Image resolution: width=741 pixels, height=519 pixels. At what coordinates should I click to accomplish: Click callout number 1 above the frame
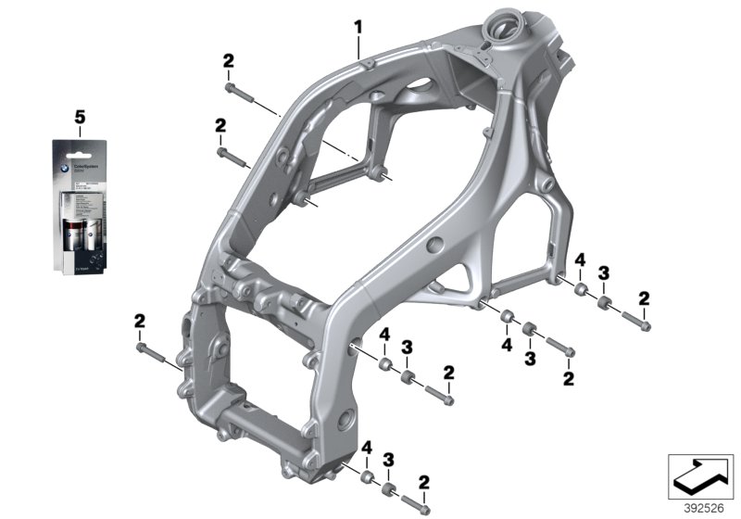pos(358,27)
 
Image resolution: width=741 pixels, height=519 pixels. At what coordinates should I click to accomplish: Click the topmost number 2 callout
pos(228,62)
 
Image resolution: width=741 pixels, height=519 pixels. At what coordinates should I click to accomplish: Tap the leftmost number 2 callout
pos(139,321)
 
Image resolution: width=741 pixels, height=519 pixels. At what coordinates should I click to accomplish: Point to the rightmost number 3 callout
pos(603,272)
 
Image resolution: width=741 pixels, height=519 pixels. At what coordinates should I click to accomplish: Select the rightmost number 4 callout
pos(579,259)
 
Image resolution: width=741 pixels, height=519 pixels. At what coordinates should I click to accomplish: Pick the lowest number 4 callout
pos(367,448)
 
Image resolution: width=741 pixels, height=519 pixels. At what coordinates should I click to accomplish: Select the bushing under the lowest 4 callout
pos(367,478)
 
